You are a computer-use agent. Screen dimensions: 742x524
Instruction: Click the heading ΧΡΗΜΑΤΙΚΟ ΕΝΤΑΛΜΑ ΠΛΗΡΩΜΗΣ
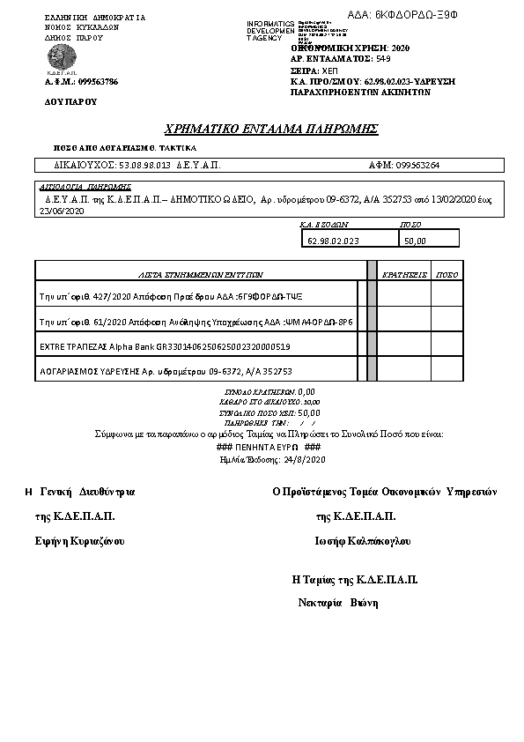[x=271, y=129]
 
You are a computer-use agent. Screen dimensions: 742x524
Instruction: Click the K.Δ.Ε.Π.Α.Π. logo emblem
[x=60, y=58]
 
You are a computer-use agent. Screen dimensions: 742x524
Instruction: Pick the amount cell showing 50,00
[x=414, y=240]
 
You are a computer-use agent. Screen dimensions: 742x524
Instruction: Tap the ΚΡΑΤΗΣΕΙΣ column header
[x=404, y=274]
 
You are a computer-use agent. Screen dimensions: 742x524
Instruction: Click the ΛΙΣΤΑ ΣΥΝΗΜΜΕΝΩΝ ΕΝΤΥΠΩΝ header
[x=202, y=274]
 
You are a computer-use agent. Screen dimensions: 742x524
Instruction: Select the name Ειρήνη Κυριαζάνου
[x=78, y=541]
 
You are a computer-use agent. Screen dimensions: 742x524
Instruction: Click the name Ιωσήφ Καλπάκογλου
[x=362, y=541]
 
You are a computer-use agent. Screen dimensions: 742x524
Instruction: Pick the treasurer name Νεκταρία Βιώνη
[x=338, y=603]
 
